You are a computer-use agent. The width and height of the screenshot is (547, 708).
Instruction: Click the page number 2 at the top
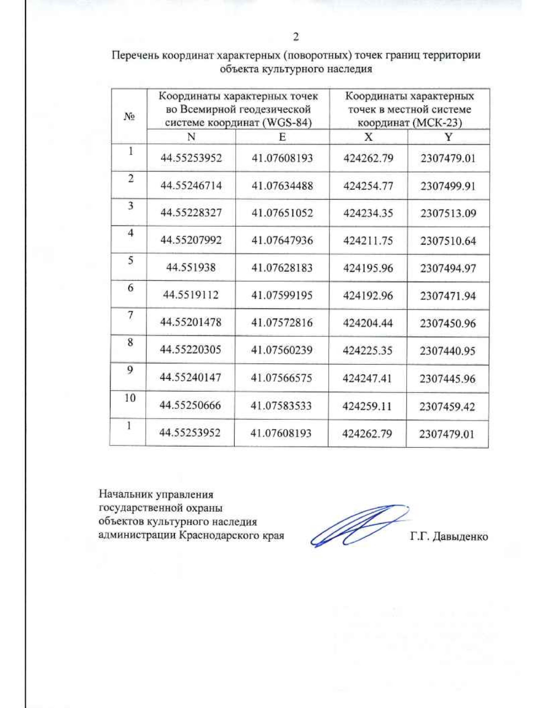point(296,37)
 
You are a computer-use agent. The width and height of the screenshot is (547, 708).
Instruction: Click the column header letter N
point(191,137)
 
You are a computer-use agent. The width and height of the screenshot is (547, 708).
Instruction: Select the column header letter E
point(282,137)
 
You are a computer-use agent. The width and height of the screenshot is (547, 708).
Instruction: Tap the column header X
point(368,137)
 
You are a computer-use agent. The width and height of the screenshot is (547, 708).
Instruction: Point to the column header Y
point(449,137)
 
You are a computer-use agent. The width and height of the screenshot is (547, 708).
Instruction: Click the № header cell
point(129,117)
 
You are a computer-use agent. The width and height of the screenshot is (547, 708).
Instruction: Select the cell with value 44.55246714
point(191,186)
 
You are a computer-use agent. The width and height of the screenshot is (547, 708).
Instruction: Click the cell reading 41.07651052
point(282,213)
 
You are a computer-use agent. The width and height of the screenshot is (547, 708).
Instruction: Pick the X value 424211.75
point(368,241)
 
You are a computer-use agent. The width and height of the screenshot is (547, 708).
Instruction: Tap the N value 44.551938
point(191,268)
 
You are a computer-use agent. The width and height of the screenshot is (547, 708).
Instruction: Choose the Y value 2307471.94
point(448,296)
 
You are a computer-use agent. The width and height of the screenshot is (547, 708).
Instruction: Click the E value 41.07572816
point(282,323)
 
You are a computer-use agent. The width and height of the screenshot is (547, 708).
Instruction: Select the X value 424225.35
point(367,351)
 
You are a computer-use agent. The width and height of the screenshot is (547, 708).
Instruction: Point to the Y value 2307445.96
point(447,378)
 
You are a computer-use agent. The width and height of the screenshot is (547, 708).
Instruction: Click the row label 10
point(130,398)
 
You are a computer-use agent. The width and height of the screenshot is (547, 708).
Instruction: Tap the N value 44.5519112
point(191,295)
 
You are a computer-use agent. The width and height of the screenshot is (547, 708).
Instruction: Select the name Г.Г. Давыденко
point(449,537)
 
